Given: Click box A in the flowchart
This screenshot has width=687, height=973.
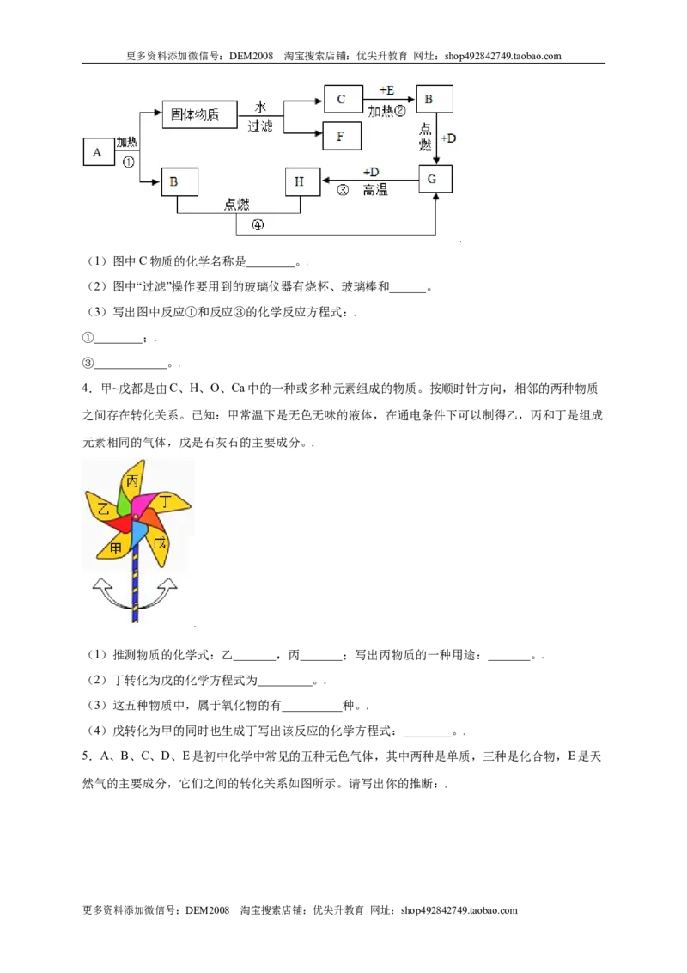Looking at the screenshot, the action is pos(99,152).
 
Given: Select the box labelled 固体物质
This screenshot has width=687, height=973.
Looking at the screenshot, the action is pos(199,114).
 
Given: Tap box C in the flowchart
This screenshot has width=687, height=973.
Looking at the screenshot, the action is pos(343,99).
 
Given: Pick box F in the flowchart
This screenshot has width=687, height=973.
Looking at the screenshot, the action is pos(342,137).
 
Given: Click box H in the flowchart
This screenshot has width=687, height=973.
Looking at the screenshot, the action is pos(302,181).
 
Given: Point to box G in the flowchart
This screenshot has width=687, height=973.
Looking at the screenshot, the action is pos(435,179).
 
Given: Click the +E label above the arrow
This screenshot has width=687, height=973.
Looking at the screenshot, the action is pos(386,90).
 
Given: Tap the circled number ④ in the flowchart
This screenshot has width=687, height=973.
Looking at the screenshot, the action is pos(258,224).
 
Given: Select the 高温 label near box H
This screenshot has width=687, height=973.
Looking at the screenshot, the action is pos(375,190).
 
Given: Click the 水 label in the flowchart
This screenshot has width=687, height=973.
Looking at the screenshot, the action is pos(260,107).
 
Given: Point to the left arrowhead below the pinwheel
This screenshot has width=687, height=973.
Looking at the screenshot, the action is pos(101,585).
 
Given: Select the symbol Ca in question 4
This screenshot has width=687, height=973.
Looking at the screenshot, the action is pos(238,389).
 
